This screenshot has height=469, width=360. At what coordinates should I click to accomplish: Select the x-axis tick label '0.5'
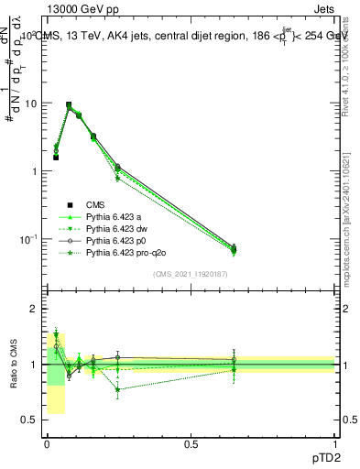click(x=191, y=442)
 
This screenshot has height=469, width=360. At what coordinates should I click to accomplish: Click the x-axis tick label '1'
click(x=335, y=442)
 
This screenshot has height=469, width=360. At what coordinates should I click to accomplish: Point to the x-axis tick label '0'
click(x=47, y=442)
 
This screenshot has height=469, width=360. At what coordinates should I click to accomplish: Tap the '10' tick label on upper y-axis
click(x=31, y=104)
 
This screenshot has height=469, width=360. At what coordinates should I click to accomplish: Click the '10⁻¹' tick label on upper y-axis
click(x=29, y=239)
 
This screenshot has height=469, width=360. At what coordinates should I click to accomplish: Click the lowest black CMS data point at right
click(x=234, y=248)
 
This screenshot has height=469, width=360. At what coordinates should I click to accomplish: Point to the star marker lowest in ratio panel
click(x=117, y=389)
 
